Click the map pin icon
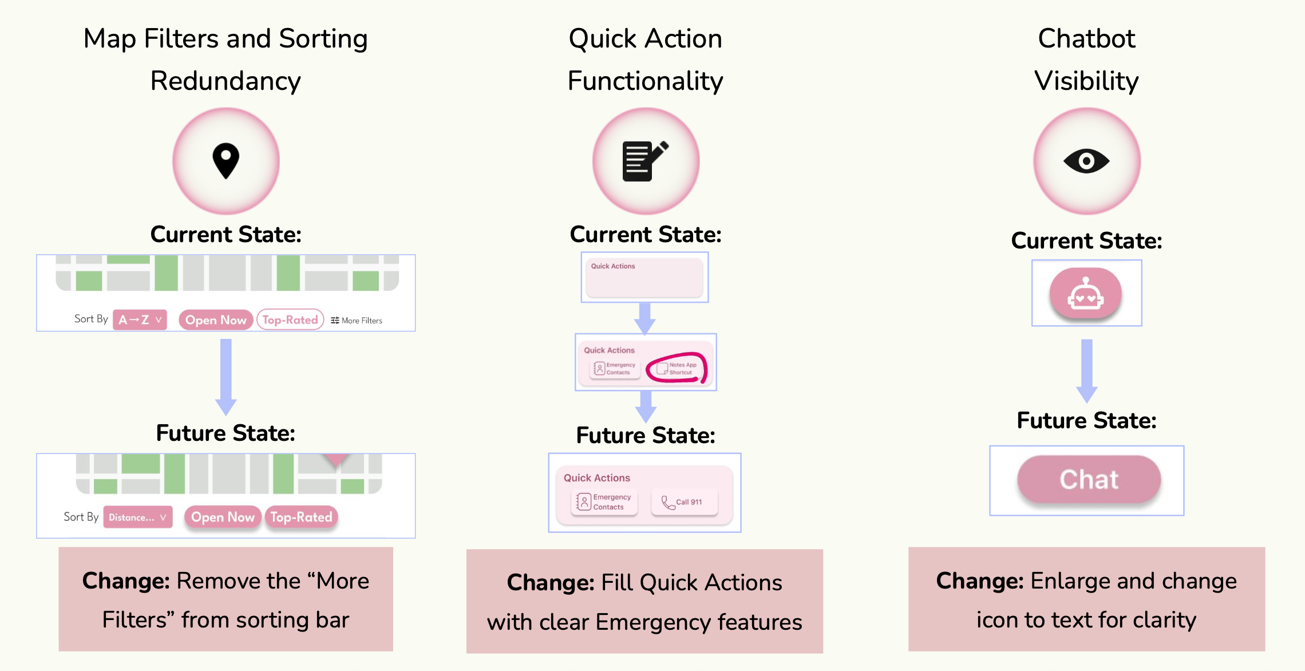[x=226, y=160]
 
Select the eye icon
[x=1086, y=161]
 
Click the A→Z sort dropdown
[x=140, y=319]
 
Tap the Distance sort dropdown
[x=137, y=517]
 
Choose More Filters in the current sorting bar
[x=357, y=321]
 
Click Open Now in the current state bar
[x=216, y=319]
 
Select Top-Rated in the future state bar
[x=301, y=517]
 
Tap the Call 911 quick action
[x=684, y=502]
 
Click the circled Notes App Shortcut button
[x=677, y=368]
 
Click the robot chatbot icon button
[x=1085, y=293]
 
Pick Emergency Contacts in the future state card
[x=605, y=502]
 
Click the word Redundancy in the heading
[x=226, y=81]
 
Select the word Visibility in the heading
[x=1086, y=81]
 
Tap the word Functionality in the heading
[x=645, y=81]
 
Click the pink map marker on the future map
[x=336, y=460]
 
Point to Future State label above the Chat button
[x=1086, y=421]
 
